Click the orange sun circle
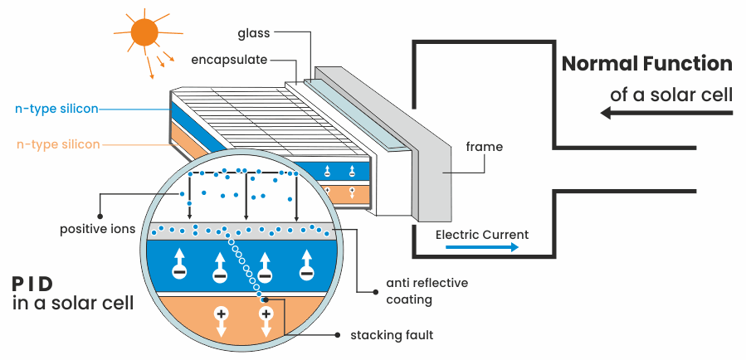[143, 32]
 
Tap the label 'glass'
[254, 33]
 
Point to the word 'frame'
[484, 148]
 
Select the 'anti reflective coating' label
[427, 291]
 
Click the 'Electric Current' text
[481, 234]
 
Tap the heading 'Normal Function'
[647, 64]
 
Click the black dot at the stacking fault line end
[337, 335]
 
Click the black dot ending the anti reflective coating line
[358, 291]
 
